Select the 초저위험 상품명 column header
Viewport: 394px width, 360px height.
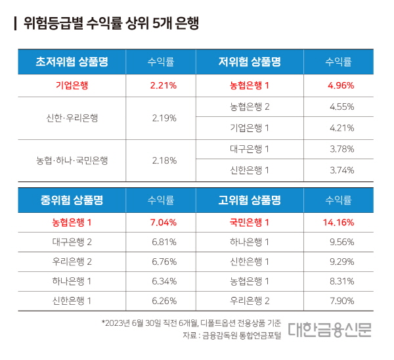72,62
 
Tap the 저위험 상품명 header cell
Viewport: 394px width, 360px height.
250,62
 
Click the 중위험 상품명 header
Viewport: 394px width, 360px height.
72,200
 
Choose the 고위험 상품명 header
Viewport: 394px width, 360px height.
250,200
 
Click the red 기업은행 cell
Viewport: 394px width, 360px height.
72,85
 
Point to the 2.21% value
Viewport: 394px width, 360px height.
164,85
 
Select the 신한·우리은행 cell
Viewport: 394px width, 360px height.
72,118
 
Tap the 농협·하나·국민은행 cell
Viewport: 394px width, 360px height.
72,160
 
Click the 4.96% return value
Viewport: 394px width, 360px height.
341,85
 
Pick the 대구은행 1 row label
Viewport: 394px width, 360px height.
250,148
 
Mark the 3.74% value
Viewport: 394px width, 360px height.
341,169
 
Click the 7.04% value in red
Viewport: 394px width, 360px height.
164,222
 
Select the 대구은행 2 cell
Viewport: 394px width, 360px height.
72,242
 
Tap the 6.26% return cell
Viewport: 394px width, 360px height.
164,302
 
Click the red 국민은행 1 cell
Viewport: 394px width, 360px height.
250,222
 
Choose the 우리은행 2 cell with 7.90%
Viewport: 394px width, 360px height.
250,302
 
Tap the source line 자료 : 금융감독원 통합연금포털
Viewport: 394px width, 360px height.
232,336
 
